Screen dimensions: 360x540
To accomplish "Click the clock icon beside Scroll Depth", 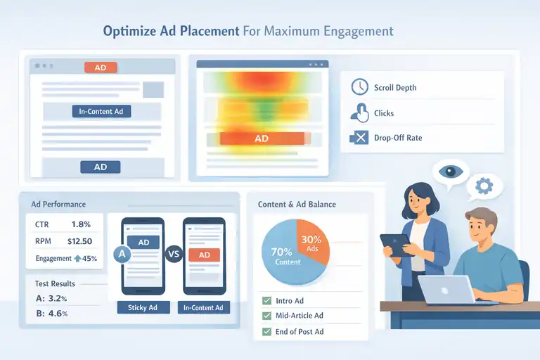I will [x=359, y=87].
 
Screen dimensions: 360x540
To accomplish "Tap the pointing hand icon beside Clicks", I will [x=359, y=112].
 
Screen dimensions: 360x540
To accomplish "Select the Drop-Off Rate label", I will [x=398, y=138].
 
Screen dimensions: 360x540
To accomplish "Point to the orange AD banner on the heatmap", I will [x=262, y=139].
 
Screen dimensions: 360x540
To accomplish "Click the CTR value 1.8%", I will [x=82, y=224].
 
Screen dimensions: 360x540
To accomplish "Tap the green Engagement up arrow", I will [x=77, y=259].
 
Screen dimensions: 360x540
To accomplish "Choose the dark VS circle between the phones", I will [x=173, y=255].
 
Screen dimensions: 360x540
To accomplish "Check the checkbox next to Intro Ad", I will [x=266, y=300].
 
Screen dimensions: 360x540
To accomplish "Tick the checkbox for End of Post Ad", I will [x=266, y=331].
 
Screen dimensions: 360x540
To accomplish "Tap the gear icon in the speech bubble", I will [x=483, y=186].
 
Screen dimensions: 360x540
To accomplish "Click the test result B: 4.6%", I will [x=51, y=314].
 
